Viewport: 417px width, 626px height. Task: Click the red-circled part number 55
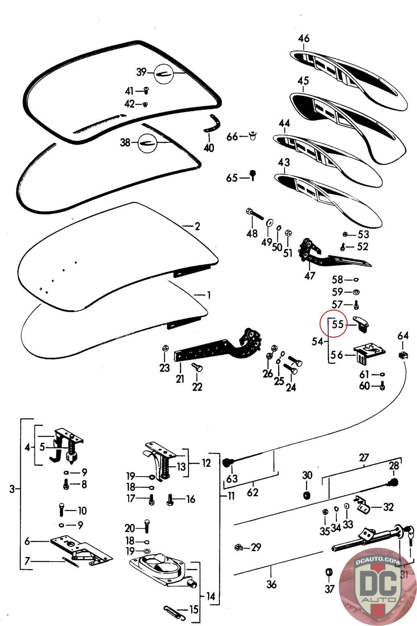click(337, 324)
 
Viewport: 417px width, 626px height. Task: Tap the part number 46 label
click(303, 39)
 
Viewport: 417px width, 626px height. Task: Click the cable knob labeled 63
click(227, 463)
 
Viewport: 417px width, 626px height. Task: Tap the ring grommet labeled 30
click(308, 496)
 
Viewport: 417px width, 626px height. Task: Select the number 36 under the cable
click(271, 584)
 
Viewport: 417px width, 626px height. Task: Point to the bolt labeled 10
click(62, 510)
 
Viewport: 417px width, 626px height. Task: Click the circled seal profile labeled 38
click(148, 142)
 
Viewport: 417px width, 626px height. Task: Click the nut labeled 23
click(165, 349)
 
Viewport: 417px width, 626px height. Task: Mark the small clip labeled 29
click(237, 547)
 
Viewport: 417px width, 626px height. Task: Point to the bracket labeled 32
click(363, 505)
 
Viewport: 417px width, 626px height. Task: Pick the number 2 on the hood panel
click(197, 226)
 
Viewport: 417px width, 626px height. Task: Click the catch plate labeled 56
click(368, 353)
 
